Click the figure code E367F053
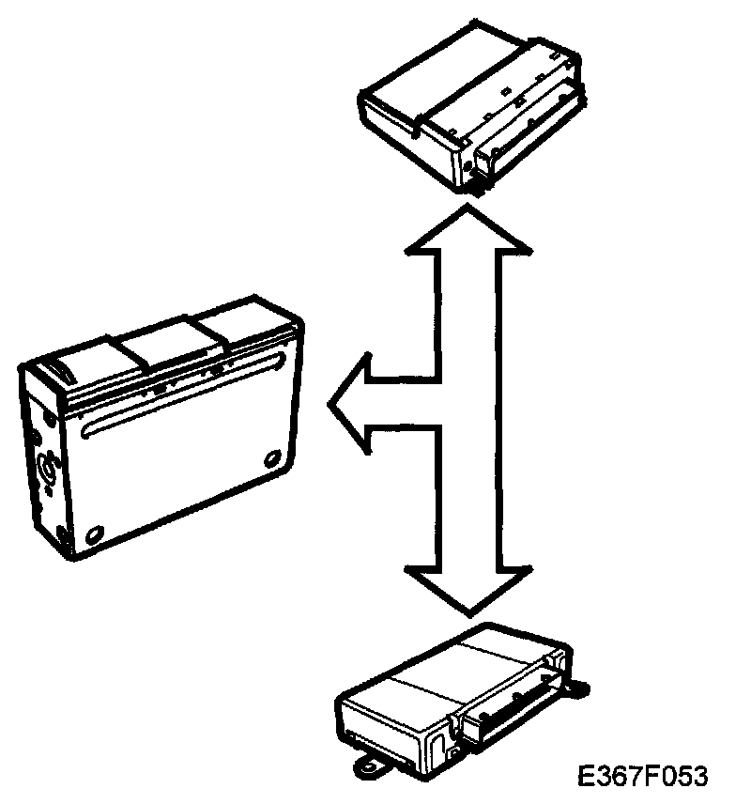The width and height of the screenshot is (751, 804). (x=642, y=777)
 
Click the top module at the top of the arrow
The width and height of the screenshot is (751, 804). (x=469, y=103)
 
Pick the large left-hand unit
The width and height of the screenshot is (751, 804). (x=160, y=432)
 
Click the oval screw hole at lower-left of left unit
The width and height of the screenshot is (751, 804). (x=93, y=536)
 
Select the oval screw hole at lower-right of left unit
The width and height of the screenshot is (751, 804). (x=273, y=457)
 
